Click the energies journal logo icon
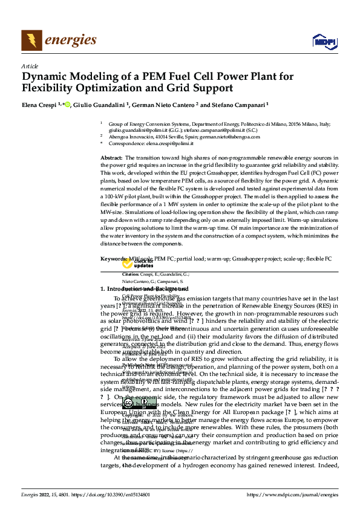click(x=31, y=40)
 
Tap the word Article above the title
click(x=29, y=66)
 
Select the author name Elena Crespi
click(x=39, y=105)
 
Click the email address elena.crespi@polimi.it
click(x=170, y=143)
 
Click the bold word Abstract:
click(x=112, y=157)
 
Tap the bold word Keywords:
click(x=113, y=259)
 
